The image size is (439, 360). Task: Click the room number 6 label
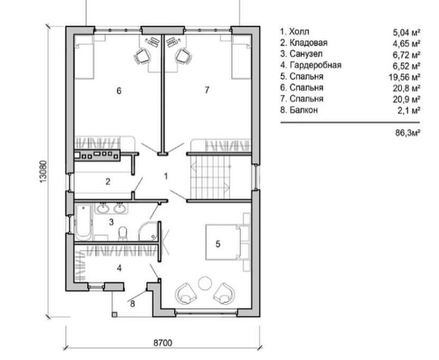[119, 91]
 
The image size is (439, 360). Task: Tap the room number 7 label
[207, 90]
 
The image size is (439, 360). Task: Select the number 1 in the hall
[166, 176]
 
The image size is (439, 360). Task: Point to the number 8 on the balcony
[132, 303]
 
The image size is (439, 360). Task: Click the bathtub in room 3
[83, 222]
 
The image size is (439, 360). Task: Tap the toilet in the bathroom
[122, 233]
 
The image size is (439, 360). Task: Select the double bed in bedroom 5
[227, 242]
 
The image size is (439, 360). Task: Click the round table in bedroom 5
[206, 283]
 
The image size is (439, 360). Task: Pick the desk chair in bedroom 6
[142, 56]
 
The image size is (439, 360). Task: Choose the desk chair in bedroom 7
[184, 56]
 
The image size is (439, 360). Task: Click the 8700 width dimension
[163, 343]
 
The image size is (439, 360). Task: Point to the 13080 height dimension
[42, 172]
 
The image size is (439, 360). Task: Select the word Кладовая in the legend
[308, 43]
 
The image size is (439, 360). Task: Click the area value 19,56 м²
[405, 77]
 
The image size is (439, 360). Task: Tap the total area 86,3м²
[407, 132]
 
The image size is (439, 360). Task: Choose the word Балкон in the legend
[304, 110]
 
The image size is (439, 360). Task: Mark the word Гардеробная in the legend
[316, 65]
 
